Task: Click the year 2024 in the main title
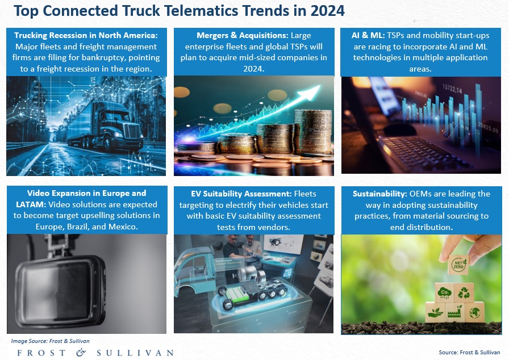pyautogui.click(x=327, y=11)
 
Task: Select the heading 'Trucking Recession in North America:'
pyautogui.click(x=86, y=35)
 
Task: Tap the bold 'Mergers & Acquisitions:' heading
pyautogui.click(x=243, y=35)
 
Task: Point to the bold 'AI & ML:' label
pyautogui.click(x=368, y=35)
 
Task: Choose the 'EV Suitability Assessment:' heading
pyautogui.click(x=241, y=194)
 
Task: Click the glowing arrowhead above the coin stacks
pyautogui.click(x=310, y=92)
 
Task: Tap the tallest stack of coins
pyautogui.click(x=313, y=131)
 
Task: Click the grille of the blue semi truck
pyautogui.click(x=132, y=131)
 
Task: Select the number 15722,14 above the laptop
pyautogui.click(x=452, y=89)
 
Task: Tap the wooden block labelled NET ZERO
pyautogui.click(x=458, y=265)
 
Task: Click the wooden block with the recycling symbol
pyautogui.click(x=464, y=293)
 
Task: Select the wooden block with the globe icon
pyautogui.click(x=474, y=312)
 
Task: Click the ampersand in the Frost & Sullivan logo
pyautogui.click(x=81, y=353)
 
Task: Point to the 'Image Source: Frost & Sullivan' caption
pyautogui.click(x=51, y=341)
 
